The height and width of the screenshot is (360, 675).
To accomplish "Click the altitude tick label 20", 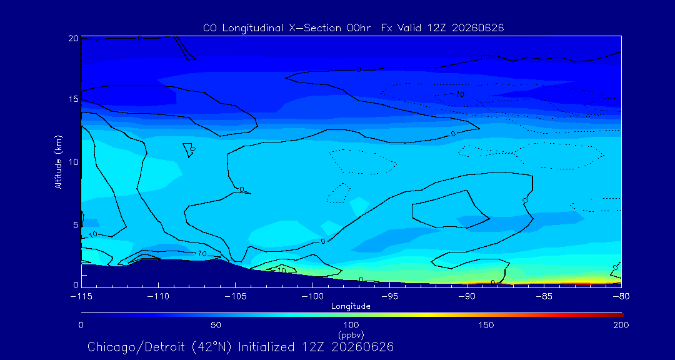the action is pyautogui.click(x=72, y=38).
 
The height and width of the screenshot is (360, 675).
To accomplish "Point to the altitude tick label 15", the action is pyautogui.click(x=72, y=99).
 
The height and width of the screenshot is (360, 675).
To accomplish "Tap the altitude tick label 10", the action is pyautogui.click(x=72, y=162).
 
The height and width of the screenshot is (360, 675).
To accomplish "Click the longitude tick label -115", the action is pyautogui.click(x=81, y=297).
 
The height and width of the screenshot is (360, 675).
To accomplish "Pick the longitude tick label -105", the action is pyautogui.click(x=236, y=297).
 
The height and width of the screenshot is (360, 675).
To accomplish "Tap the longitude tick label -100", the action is pyautogui.click(x=312, y=297).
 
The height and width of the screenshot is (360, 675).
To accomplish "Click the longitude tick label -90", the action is pyautogui.click(x=467, y=297).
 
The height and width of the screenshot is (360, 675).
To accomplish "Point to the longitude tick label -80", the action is pyautogui.click(x=621, y=297).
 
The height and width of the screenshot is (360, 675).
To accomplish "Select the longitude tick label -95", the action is pyautogui.click(x=389, y=297).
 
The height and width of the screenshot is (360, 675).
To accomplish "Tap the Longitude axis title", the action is pyautogui.click(x=351, y=307).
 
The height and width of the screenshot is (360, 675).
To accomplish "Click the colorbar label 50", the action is pyautogui.click(x=216, y=325).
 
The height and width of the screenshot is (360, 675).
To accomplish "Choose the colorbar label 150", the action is pyautogui.click(x=486, y=325).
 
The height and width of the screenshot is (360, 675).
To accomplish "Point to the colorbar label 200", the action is pyautogui.click(x=621, y=325).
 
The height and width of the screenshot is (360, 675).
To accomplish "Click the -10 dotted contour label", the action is pyautogui.click(x=457, y=94).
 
